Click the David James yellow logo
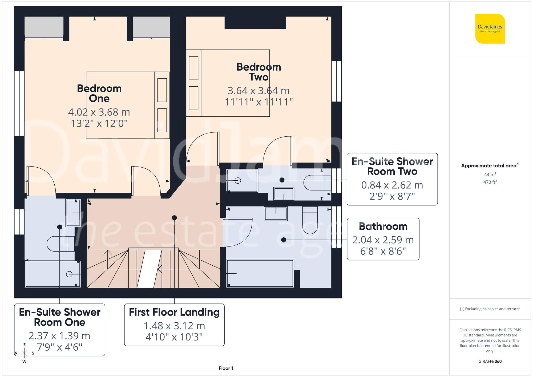[490, 29]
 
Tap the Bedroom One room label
[99, 93]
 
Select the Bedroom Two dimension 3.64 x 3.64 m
[258, 91]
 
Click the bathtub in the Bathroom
[260, 273]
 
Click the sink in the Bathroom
[276, 213]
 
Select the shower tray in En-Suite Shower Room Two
[242, 180]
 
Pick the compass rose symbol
[25, 353]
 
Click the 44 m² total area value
[490, 175]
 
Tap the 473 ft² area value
[490, 182]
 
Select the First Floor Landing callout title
[174, 312]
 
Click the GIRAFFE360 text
[490, 361]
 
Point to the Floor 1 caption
[226, 368]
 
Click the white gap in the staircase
[149, 269]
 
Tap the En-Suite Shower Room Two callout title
[392, 166]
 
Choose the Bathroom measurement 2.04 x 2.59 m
[383, 240]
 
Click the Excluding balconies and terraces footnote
[490, 309]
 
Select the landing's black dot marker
[174, 218]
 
